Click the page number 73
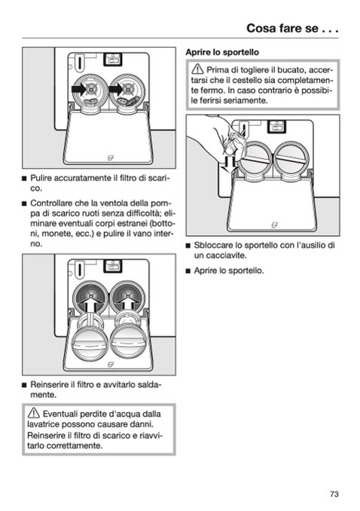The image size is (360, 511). (334, 494)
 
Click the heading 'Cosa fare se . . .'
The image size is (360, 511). (292, 29)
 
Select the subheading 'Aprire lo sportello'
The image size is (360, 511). (222, 52)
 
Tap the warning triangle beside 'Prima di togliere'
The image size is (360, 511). (197, 69)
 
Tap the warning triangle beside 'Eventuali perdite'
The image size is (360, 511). (34, 413)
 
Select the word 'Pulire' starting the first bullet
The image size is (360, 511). (41, 178)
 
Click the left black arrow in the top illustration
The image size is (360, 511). (79, 89)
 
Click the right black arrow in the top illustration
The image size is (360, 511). (116, 89)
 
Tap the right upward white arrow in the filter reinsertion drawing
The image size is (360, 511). (129, 304)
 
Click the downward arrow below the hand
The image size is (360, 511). (227, 164)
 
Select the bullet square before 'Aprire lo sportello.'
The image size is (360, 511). (188, 271)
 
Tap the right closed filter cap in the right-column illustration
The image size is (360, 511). (291, 159)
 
